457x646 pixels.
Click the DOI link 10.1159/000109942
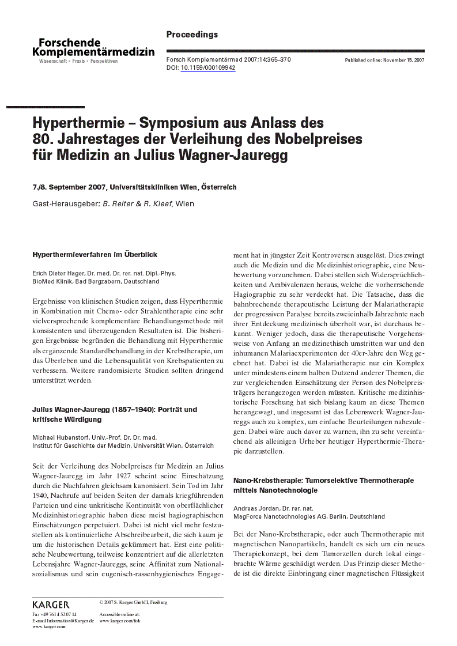tap(207, 68)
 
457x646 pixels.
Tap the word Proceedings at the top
tap(192, 35)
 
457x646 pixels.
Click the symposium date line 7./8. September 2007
tap(70, 187)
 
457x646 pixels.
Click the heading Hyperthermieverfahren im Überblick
tap(95, 254)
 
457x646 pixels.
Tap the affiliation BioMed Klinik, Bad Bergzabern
tap(96, 282)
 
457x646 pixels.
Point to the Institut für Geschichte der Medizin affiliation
tap(123, 445)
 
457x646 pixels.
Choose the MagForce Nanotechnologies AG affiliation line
tap(309, 516)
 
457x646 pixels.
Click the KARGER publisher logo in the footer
tap(51, 605)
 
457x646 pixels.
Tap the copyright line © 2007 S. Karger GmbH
tap(133, 602)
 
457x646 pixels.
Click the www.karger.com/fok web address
tap(120, 621)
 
